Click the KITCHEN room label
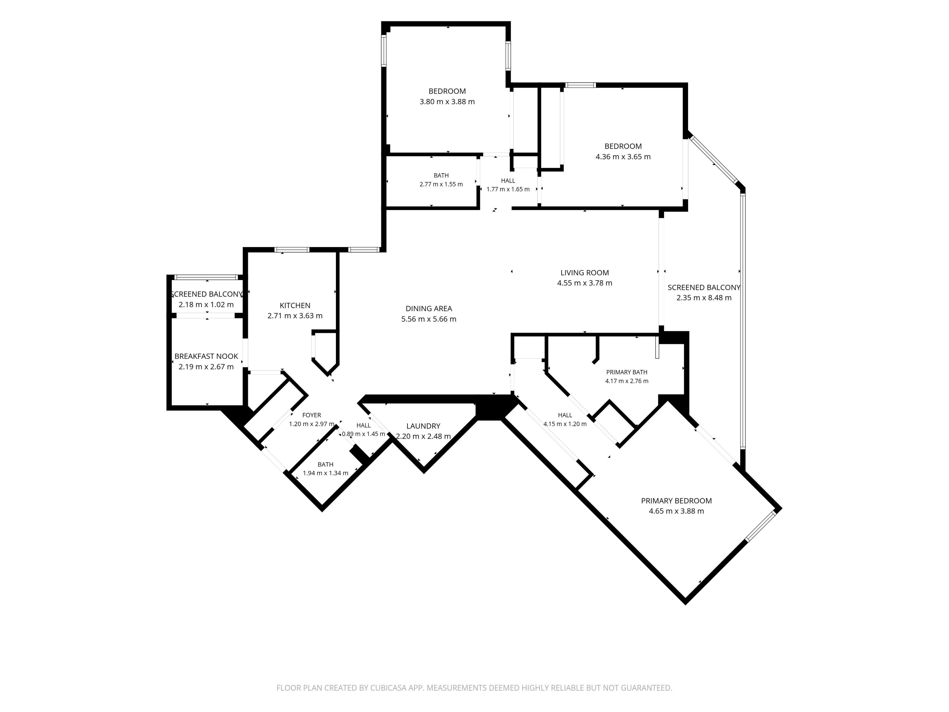tap(295, 306)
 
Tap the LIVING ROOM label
tap(584, 272)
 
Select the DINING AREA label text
tap(429, 309)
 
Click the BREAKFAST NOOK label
tap(206, 356)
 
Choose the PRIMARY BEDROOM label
tap(676, 501)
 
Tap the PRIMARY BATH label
tap(626, 372)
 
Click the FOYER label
tap(312, 415)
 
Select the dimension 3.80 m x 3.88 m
tap(447, 102)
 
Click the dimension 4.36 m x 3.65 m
tap(623, 157)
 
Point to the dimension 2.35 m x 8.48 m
tap(704, 298)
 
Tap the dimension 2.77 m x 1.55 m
tap(441, 184)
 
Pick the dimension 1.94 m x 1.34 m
tap(325, 473)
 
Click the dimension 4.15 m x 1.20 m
tap(565, 424)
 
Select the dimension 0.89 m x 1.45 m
tap(363, 434)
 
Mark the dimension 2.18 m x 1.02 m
tap(206, 305)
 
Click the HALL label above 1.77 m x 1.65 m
tap(508, 181)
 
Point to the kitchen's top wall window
tap(292, 250)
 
